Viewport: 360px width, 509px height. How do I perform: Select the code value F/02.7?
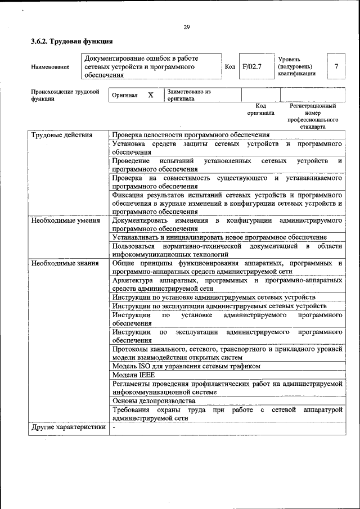tap(252, 66)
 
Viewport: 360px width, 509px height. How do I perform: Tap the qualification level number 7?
tap(336, 66)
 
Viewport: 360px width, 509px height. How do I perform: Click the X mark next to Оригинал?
tap(151, 95)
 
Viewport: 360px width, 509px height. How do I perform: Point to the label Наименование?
tap(51, 67)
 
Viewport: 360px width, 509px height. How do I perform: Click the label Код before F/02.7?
tap(230, 66)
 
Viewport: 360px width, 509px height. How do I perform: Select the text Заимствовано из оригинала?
tap(188, 94)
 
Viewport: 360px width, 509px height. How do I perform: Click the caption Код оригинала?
tap(260, 109)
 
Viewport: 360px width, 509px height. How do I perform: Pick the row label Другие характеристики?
tap(68, 427)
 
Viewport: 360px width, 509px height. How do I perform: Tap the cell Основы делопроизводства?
tap(154, 401)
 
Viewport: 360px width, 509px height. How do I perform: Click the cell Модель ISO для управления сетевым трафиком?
tap(186, 366)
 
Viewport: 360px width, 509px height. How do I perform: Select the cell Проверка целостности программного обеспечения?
tap(191, 135)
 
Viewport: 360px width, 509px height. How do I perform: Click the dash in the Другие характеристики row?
tap(114, 427)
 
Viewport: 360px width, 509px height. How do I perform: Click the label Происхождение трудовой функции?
tap(65, 94)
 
